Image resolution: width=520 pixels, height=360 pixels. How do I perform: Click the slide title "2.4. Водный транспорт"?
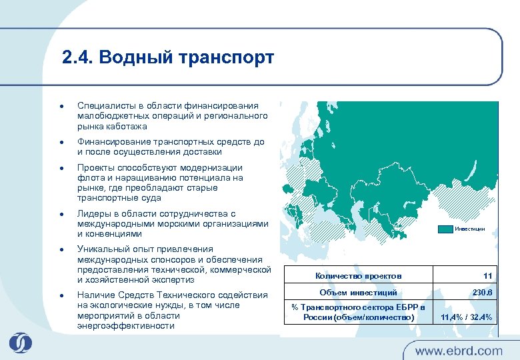pos(167,58)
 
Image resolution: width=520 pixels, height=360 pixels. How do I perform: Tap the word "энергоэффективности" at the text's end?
pos(126,325)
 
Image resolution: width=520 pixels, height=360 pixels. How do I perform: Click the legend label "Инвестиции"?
pos(470,229)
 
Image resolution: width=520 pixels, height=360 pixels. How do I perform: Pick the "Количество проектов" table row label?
pos(358,275)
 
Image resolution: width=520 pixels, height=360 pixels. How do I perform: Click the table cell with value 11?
pos(487,275)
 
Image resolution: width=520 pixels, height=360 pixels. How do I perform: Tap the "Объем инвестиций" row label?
pos(358,293)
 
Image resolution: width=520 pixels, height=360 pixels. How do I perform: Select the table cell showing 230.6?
pos(482,293)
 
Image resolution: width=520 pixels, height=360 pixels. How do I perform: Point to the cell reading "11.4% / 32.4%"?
pos(466,317)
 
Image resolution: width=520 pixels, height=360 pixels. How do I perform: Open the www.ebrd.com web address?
pos(459,350)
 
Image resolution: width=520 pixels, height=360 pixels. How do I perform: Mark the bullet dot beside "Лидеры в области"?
pos(61,214)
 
